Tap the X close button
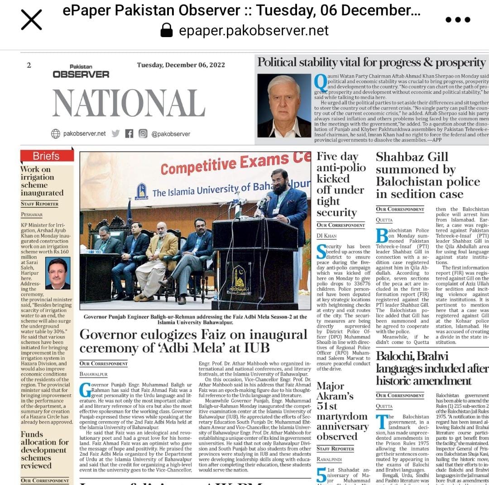pyautogui.click(x=31, y=20)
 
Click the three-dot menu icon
pyautogui.click(x=458, y=20)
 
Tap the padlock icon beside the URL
pyautogui.click(x=167, y=31)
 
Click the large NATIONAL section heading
pyautogui.click(x=128, y=103)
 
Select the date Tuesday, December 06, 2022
pyautogui.click(x=181, y=65)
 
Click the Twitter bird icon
pyautogui.click(x=115, y=133)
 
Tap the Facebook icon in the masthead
pyautogui.click(x=129, y=133)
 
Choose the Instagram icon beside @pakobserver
pyautogui.click(x=143, y=133)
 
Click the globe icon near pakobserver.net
pyautogui.click(x=56, y=133)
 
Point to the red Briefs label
pyautogui.click(x=47, y=156)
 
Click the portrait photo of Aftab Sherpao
pyautogui.click(x=284, y=105)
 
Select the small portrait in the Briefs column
pyautogui.click(x=58, y=273)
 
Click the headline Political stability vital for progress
pyautogui.click(x=371, y=62)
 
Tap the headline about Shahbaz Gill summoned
pyautogui.click(x=427, y=176)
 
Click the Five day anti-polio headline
pyautogui.click(x=341, y=184)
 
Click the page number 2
pyautogui.click(x=29, y=65)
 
